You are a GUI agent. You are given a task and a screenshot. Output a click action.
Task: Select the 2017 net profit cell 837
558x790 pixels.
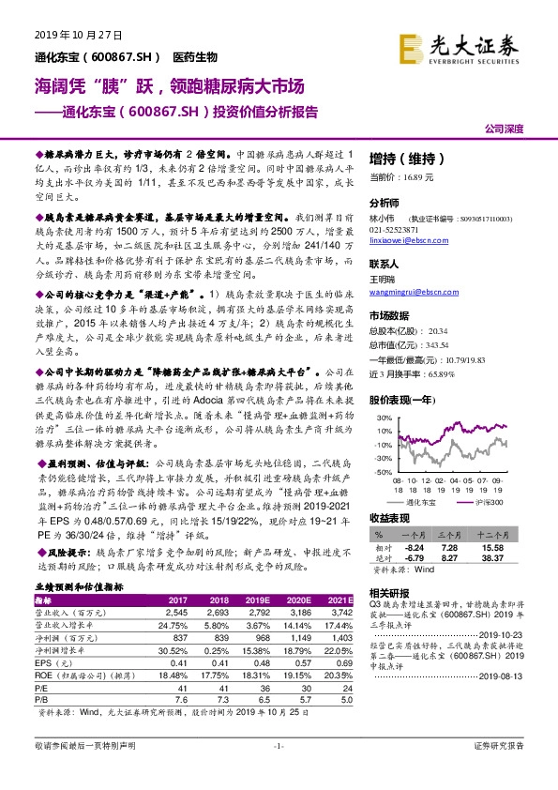click(177, 637)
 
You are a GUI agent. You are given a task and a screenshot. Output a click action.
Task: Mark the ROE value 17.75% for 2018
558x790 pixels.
click(215, 673)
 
